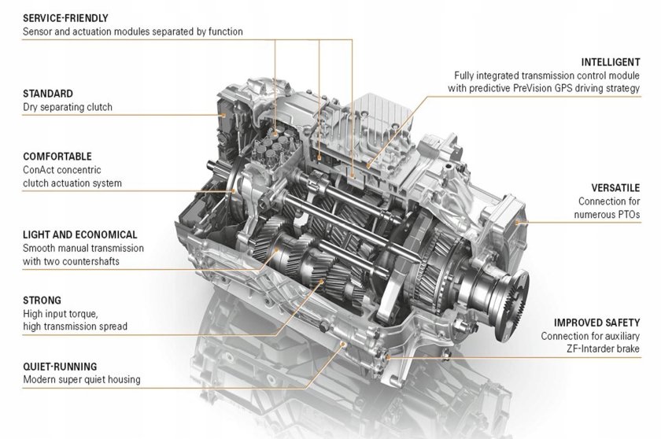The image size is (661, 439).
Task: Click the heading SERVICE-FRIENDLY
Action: tap(65, 17)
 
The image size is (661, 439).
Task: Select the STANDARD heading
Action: tap(48, 93)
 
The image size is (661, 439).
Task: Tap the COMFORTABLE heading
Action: tap(57, 157)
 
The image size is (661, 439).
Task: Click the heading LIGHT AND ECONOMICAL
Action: tap(80, 234)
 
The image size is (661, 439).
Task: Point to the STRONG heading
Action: tap(42, 300)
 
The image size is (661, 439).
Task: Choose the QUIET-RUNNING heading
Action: tap(60, 366)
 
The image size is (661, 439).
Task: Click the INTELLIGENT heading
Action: tap(611, 61)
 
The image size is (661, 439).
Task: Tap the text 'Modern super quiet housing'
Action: tap(82, 379)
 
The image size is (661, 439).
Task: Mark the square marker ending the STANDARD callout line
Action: tap(224, 115)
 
